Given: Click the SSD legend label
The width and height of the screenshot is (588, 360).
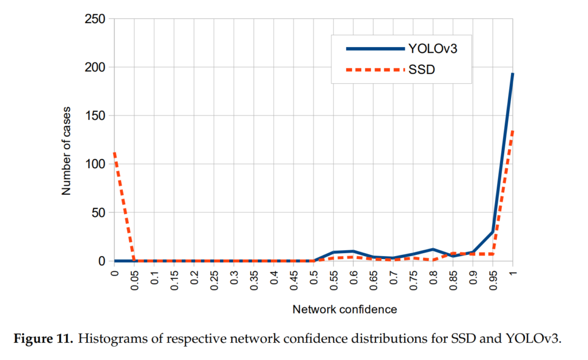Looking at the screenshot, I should pos(421,70).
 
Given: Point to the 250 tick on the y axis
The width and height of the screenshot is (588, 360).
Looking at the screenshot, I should pos(94,19).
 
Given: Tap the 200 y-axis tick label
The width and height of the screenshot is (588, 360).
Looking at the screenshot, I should pos(94,67).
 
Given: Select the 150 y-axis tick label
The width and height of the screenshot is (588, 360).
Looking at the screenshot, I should pos(94,115).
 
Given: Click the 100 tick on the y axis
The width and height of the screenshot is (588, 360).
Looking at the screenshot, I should pos(94,164).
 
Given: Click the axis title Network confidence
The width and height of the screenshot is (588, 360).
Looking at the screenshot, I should pos(345,309).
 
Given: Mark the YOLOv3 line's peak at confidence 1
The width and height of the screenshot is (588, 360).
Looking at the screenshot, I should pos(512,73).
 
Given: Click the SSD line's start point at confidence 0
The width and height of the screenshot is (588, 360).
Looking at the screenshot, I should pos(115,153).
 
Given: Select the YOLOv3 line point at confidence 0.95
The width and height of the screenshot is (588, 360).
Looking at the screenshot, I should pos(493,232).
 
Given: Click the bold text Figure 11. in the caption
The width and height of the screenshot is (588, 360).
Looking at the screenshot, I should pos(44,338).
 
